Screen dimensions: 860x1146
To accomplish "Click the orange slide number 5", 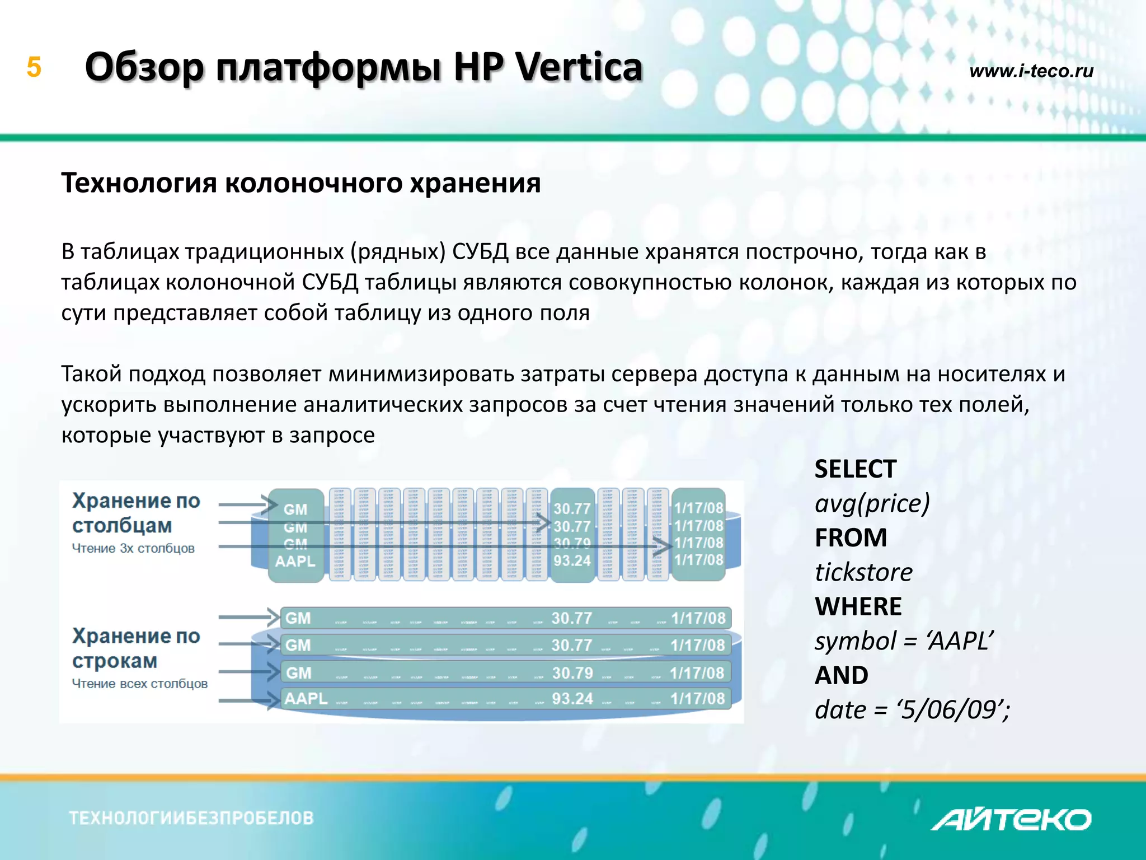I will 34,67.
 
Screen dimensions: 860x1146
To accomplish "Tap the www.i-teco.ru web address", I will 1031,71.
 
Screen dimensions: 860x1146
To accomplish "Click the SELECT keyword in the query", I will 855,469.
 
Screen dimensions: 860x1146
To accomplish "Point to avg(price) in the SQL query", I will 872,503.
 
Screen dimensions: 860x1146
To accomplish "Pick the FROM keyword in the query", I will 851,538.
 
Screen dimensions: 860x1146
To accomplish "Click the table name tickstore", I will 863,572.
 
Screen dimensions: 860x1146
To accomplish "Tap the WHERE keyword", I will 858,607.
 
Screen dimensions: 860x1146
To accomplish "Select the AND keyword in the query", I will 841,675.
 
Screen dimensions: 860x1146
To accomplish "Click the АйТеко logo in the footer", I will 1011,820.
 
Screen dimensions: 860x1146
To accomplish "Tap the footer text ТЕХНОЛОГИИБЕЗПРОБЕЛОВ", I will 191,818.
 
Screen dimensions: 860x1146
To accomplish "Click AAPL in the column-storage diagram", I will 295,560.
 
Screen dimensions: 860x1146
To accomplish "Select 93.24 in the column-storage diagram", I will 572,560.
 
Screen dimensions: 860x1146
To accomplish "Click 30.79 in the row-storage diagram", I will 572,672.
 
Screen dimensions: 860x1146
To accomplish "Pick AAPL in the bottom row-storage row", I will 306,699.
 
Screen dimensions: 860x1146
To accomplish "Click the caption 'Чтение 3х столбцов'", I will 133,549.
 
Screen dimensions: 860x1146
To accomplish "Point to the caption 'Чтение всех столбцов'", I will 139,684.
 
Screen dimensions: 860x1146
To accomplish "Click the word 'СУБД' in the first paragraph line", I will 480,252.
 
